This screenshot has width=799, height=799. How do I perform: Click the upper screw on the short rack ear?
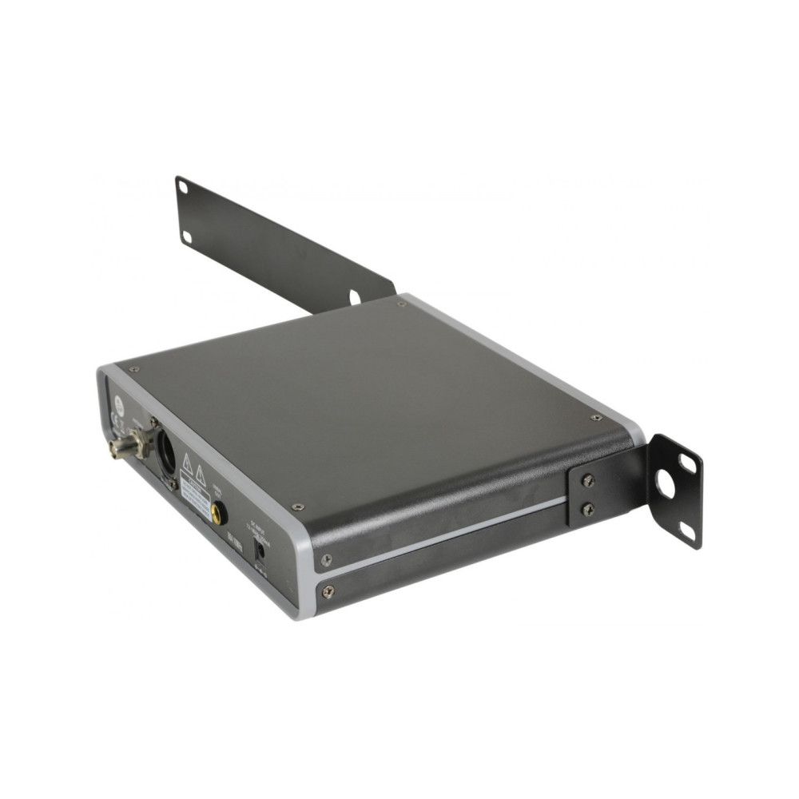588,479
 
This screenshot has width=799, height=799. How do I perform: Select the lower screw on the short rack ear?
588,509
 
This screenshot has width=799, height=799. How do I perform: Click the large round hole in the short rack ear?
665,482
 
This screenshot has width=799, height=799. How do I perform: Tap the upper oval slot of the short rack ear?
687,462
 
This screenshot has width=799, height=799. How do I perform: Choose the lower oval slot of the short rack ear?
686,529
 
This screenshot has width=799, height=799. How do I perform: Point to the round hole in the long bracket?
354,297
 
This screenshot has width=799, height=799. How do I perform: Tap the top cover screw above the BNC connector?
133,369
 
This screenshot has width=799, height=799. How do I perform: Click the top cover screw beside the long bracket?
400,304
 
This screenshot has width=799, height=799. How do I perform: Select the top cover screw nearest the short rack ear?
596,417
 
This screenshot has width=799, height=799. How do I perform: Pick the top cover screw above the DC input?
297,507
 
